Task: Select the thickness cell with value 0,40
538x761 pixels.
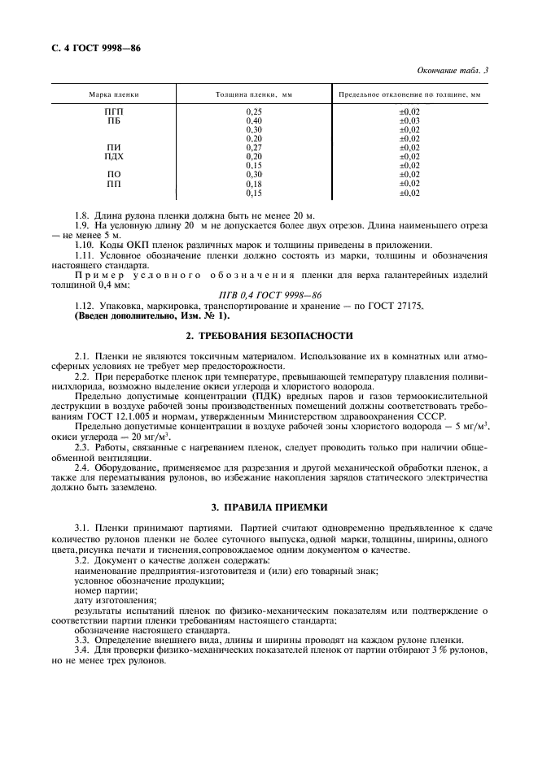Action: (254, 120)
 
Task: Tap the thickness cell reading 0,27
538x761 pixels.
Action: (254, 147)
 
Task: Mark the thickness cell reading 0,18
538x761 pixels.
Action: (254, 184)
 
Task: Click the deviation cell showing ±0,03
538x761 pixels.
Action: (409, 120)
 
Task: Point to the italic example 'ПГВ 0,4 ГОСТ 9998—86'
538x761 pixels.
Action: (269, 295)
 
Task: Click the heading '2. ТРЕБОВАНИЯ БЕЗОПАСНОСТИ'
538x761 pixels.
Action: (269, 335)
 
